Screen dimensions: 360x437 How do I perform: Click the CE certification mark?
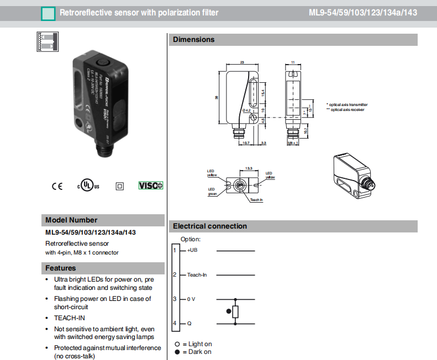point(57,186)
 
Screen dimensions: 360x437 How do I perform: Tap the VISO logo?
point(151,186)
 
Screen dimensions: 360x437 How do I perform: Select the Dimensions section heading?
point(193,40)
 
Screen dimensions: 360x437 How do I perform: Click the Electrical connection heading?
point(210,226)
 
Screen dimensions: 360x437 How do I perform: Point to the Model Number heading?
point(71,220)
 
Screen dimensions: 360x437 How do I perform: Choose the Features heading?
point(61,268)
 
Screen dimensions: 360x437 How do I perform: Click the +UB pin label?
point(192,251)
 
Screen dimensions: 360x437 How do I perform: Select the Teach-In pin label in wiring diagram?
point(197,274)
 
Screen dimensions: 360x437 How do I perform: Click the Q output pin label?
point(189,323)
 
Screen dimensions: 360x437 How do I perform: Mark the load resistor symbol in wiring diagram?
point(236,311)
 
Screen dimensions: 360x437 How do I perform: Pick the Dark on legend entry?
point(194,352)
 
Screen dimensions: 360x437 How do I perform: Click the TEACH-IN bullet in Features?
point(70,318)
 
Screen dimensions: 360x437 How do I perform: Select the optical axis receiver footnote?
point(346,110)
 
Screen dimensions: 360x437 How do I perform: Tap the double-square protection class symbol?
point(120,186)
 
